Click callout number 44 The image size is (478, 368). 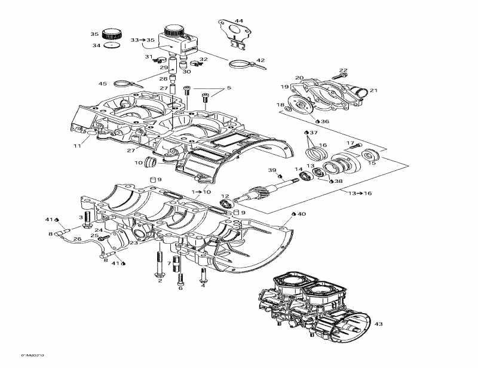coord(239,21)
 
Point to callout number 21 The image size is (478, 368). coord(374,90)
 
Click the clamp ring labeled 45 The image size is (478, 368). coord(124,83)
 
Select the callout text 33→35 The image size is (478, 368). coord(142,40)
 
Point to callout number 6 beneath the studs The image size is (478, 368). coord(180,288)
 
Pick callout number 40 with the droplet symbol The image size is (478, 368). coord(301,213)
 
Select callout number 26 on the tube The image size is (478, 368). coord(77,240)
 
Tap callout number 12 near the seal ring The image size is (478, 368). coord(225,196)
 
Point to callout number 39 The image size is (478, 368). coord(272,170)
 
